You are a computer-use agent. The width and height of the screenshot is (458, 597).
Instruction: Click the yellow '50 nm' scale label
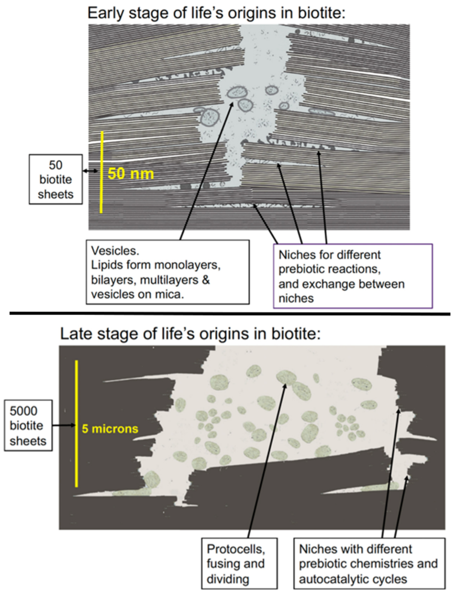pos(130,173)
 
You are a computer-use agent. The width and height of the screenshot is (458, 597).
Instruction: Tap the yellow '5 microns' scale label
pos(110,429)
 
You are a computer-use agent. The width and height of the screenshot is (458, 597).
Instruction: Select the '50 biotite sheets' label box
pos(56,179)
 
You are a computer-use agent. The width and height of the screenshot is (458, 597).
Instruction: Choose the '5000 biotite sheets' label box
pos(28,426)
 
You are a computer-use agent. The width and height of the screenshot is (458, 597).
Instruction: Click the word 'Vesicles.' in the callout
pos(115,251)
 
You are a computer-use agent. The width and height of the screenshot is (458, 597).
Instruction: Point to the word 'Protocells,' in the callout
pos(235,549)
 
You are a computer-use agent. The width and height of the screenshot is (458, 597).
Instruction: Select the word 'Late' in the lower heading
pos(75,334)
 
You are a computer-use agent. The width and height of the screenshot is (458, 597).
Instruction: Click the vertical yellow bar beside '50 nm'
pos(102,172)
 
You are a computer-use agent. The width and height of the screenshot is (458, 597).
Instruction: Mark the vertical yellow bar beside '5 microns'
pos(76,424)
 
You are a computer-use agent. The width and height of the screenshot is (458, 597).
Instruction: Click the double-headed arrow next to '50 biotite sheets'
pos(90,171)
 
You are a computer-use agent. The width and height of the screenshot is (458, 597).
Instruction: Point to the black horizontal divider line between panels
pos(229,314)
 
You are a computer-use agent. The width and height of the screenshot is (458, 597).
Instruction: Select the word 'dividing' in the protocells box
pos(228,579)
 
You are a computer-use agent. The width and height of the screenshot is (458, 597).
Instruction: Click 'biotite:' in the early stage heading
pos(321,13)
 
